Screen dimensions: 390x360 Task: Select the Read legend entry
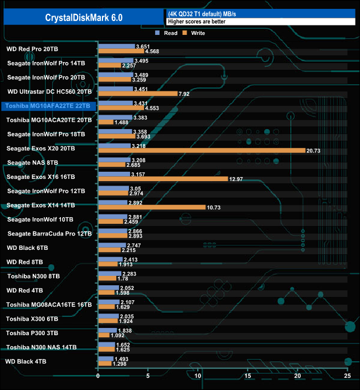(x=167, y=33)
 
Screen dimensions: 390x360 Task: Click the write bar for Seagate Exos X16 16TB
(x=163, y=179)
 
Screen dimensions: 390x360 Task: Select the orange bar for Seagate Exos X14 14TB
(x=152, y=207)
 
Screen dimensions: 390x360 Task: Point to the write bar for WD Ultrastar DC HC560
(x=137, y=94)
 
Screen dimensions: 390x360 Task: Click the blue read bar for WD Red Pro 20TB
(x=116, y=47)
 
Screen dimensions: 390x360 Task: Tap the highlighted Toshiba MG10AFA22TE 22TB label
(x=49, y=106)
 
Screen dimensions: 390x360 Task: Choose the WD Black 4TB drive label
(x=26, y=361)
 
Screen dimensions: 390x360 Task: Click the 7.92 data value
(x=185, y=94)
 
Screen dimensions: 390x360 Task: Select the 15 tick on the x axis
(x=248, y=377)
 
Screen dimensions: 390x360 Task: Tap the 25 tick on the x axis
(x=347, y=377)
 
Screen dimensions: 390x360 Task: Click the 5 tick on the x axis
(x=148, y=377)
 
